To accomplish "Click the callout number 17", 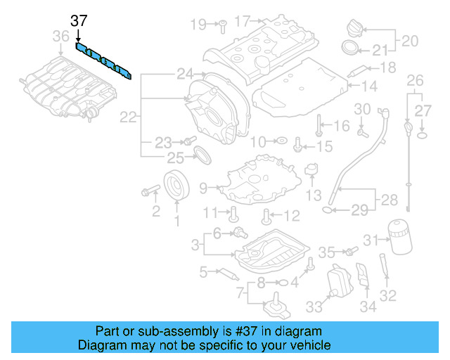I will click(243, 22).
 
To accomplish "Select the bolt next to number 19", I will click(219, 25).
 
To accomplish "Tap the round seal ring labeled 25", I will click(201, 154).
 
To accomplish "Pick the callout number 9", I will click(203, 188).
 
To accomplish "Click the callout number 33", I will click(313, 307).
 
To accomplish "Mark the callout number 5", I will click(203, 271).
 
